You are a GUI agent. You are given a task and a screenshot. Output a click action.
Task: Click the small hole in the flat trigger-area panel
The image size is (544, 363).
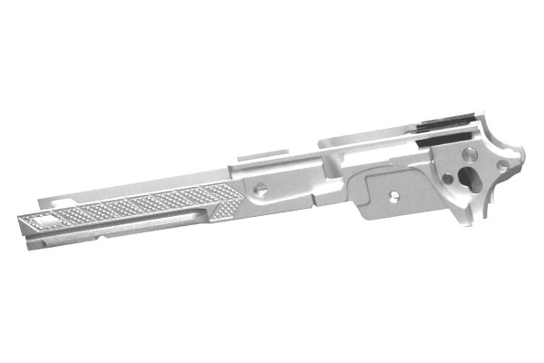coord(394,193)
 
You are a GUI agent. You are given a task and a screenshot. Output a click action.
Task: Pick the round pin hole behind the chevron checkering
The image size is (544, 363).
coord(259,190)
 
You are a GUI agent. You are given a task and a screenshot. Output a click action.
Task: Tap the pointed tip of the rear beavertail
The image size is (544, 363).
coord(524,156)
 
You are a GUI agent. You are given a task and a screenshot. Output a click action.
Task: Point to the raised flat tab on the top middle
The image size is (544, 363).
coord(262,156)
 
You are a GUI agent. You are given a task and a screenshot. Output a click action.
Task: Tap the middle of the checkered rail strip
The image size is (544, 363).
coord(136,206)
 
